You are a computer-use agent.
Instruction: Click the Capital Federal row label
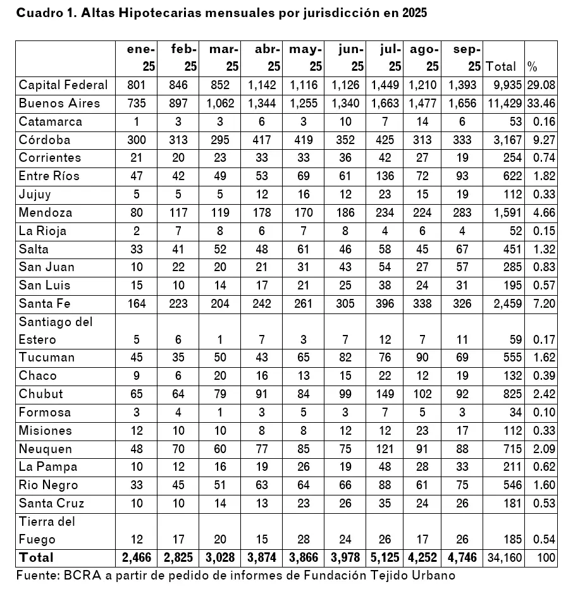tap(63, 85)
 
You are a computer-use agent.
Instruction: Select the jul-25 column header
tap(391, 58)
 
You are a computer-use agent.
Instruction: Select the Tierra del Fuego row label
tap(47, 530)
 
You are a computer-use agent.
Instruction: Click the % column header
tap(533, 66)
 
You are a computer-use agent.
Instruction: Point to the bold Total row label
tap(37, 557)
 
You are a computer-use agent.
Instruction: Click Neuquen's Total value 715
tap(511, 449)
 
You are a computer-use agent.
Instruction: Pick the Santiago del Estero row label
tap(56, 331)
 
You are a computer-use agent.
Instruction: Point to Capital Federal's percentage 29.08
tap(542, 85)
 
